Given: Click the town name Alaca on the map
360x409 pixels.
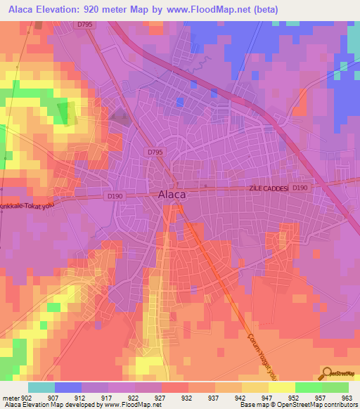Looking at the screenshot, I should [x=172, y=195].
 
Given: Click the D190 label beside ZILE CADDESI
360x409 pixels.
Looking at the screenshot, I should [x=300, y=188].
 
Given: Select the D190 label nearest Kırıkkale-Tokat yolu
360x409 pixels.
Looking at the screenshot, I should [x=115, y=196].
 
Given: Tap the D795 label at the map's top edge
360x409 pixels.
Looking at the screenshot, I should [x=85, y=24].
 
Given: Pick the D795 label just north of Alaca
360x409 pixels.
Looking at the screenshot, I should [x=155, y=151].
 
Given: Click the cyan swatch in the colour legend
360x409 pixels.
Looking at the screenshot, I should [x=41, y=387].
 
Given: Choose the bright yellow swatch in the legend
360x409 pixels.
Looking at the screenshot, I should [x=281, y=387].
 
